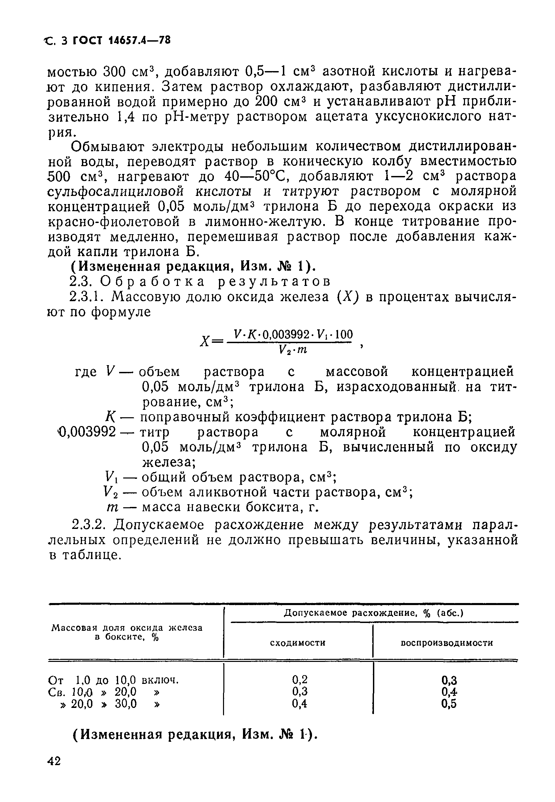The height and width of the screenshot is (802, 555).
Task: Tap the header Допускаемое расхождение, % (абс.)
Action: pos(374,613)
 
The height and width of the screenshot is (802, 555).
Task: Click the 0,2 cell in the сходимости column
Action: pos(299,679)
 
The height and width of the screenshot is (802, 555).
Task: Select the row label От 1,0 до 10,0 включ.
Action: pos(113,680)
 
